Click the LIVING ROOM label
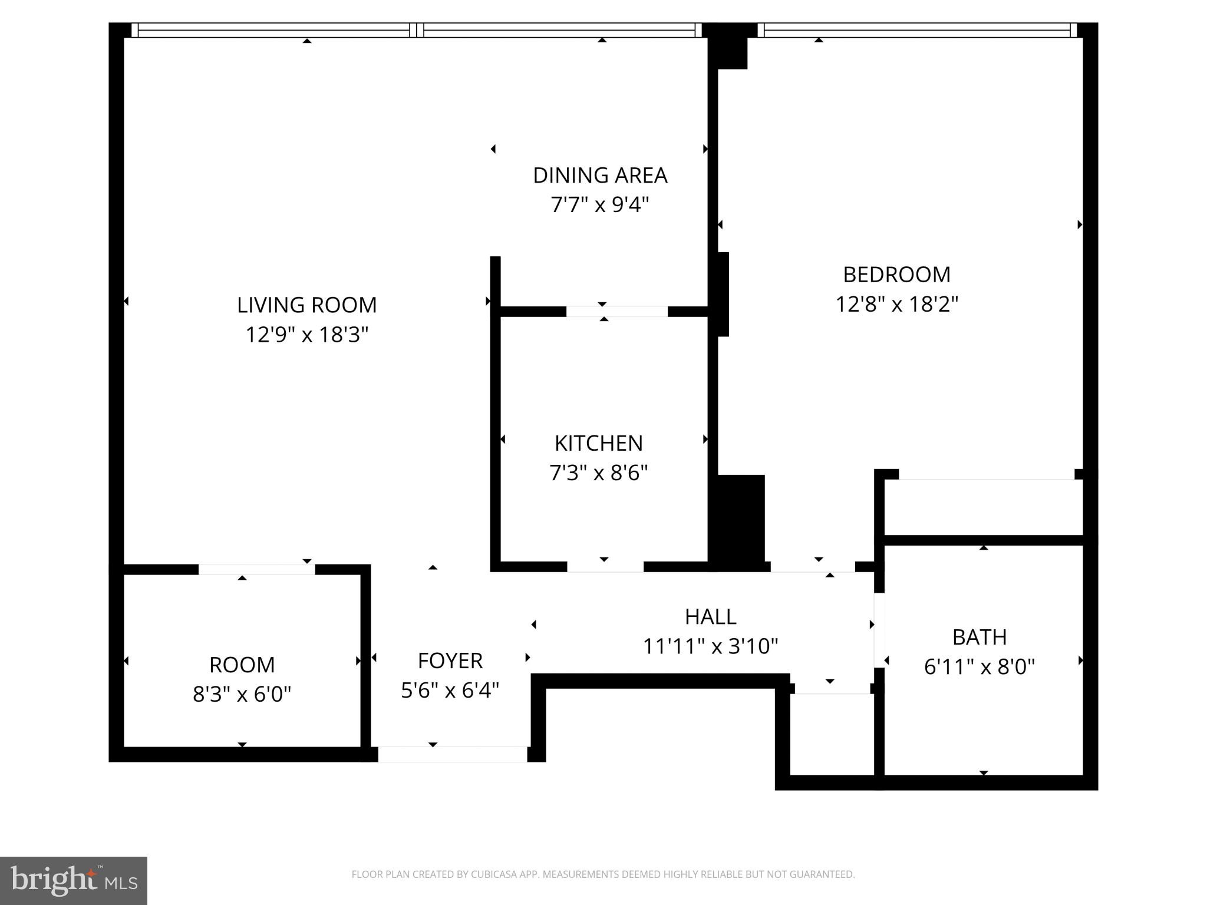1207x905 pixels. click(306, 305)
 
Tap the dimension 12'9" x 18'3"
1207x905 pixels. click(306, 335)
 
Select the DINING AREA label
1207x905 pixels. click(600, 176)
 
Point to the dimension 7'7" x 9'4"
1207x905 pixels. click(600, 205)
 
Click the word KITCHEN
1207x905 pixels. click(599, 443)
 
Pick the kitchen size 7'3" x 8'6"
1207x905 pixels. click(599, 473)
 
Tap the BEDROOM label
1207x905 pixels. click(897, 275)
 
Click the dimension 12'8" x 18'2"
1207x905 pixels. click(897, 305)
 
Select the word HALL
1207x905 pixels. click(710, 617)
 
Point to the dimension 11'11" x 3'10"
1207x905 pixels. click(710, 647)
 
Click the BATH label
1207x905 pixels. click(980, 637)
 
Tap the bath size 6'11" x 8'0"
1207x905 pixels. click(980, 667)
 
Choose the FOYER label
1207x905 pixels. click(450, 661)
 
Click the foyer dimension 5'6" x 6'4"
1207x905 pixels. click(450, 691)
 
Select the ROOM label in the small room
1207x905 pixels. click(242, 665)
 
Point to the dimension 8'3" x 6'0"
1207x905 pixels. click(242, 695)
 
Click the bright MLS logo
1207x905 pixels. click(74, 881)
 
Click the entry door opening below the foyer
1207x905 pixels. click(452, 754)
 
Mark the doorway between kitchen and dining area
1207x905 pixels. click(617, 312)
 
